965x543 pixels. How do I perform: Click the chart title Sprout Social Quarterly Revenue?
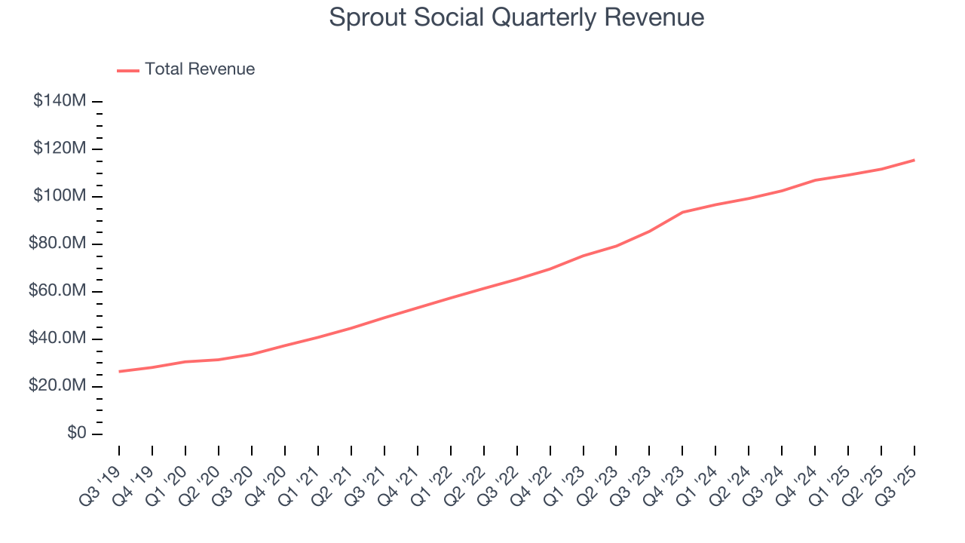click(516, 17)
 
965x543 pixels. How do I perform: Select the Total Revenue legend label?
click(200, 69)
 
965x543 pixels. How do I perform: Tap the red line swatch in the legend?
click(128, 70)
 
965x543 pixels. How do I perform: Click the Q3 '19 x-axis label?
click(101, 484)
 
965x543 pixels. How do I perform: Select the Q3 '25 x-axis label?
click(897, 484)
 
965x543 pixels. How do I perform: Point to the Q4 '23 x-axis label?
click(665, 484)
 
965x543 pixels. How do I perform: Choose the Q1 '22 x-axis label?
click(433, 484)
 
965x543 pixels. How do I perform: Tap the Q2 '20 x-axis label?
click(201, 484)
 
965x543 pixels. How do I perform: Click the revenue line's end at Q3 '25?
click(914, 160)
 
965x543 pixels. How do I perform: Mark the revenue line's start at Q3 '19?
click(119, 371)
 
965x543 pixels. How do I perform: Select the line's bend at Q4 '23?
click(682, 212)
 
